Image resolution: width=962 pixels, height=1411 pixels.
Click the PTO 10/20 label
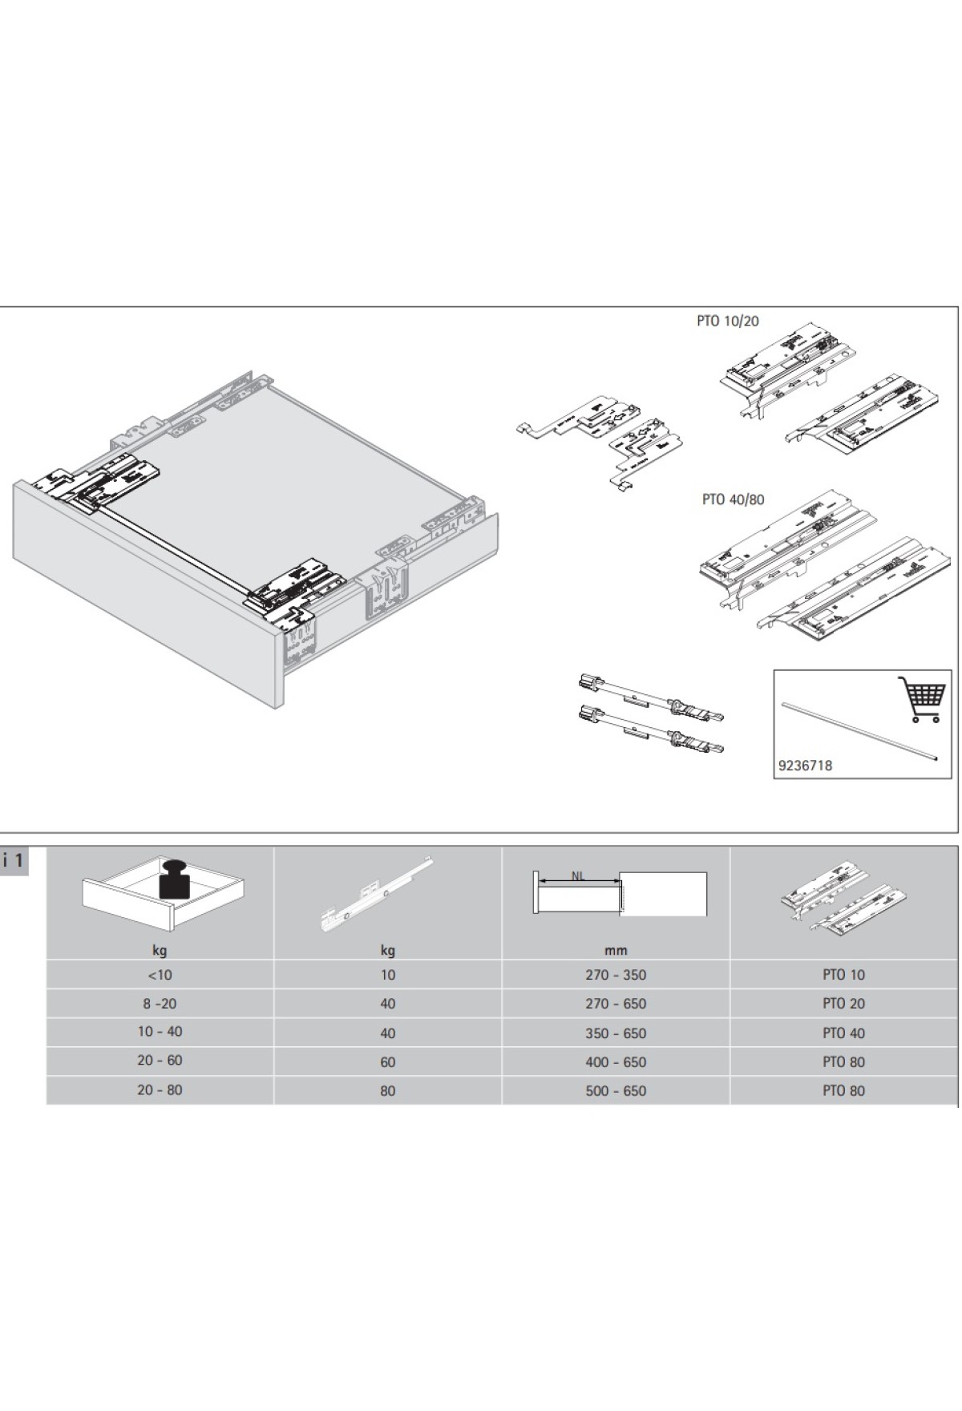(x=727, y=321)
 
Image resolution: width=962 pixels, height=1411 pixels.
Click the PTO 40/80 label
(x=733, y=499)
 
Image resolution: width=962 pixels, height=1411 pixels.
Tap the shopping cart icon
(x=919, y=699)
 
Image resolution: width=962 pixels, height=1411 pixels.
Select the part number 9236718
(x=805, y=765)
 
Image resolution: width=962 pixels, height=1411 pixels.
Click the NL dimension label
(x=577, y=875)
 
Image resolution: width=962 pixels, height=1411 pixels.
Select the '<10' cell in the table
(x=160, y=975)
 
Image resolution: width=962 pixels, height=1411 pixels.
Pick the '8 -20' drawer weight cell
(x=160, y=1004)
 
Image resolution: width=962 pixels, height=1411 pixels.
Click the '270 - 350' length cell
(x=615, y=975)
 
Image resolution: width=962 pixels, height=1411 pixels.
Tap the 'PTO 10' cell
(x=843, y=975)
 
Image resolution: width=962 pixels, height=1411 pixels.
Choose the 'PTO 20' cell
(x=843, y=1004)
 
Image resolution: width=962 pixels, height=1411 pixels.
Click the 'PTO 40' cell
(x=843, y=1033)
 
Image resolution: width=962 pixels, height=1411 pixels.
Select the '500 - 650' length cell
(x=615, y=1091)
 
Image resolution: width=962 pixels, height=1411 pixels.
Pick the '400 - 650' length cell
(x=615, y=1062)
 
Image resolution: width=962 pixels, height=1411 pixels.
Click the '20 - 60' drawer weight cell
(x=160, y=1061)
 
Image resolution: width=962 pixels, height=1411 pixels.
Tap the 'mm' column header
(x=615, y=951)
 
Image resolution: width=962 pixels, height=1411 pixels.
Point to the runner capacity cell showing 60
(x=387, y=1062)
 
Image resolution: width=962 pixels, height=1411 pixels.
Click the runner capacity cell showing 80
(x=387, y=1091)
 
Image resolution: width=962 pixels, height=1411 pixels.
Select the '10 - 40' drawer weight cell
(x=160, y=1032)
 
